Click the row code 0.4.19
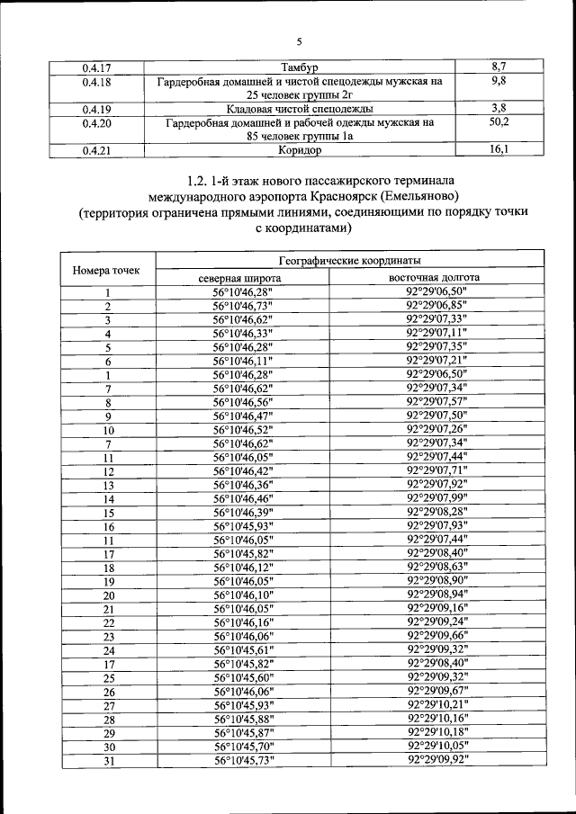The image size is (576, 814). [x=96, y=109]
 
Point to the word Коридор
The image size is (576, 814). [x=301, y=150]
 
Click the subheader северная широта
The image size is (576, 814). [x=242, y=278]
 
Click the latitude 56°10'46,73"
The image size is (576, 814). [x=242, y=306]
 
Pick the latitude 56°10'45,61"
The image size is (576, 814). [x=242, y=649]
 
